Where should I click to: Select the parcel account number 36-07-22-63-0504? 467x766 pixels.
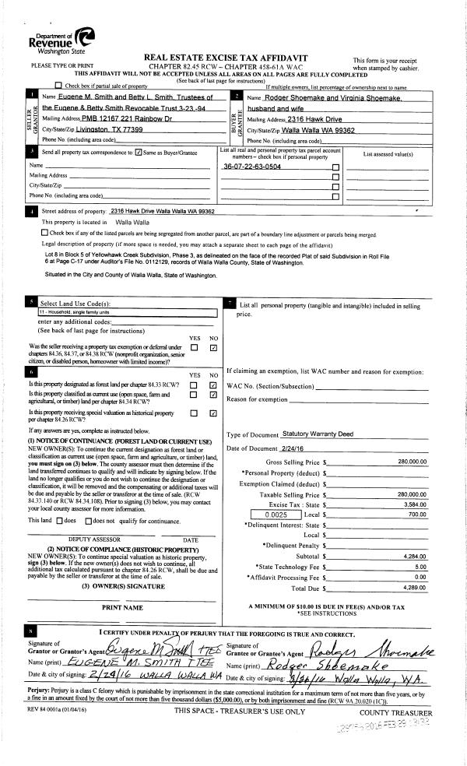pos(253,167)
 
